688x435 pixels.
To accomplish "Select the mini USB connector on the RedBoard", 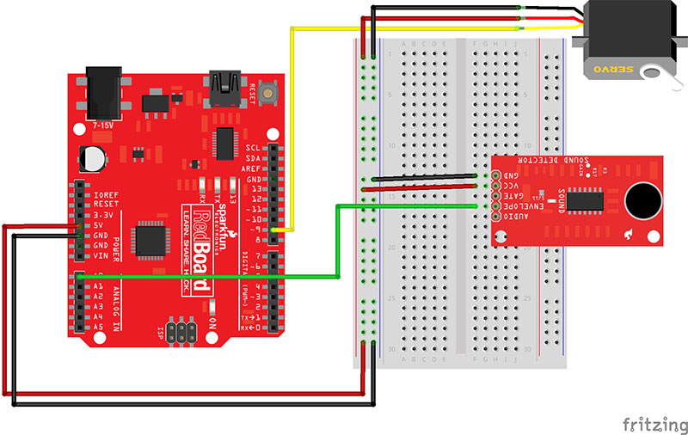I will (226, 88).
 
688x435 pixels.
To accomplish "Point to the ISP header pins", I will (183, 332).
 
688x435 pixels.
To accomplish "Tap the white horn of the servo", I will (665, 79).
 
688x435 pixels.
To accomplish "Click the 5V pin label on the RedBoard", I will (101, 226).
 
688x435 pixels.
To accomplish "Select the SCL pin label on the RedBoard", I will (254, 148).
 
